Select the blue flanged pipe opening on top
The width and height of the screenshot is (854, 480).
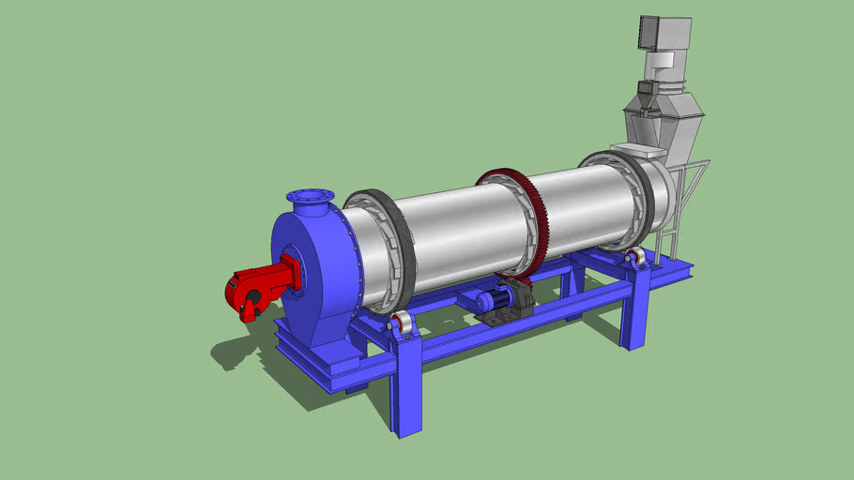point(309,198)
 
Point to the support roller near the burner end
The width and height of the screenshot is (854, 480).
point(404,324)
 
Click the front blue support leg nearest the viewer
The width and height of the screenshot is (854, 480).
point(407,394)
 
